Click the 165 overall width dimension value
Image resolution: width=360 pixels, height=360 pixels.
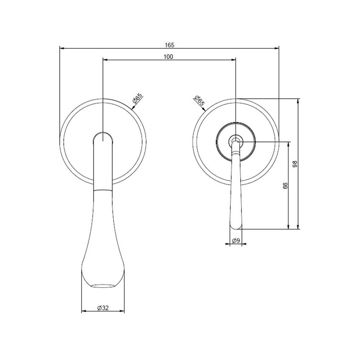(169, 44)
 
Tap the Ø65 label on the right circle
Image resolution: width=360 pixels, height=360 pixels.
(199, 100)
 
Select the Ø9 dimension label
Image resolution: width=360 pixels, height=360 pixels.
(236, 241)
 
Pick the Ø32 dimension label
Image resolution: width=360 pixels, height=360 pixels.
(103, 308)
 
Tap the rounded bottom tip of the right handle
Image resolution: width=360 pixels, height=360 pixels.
(236, 228)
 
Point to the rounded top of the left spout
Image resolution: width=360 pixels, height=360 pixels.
(103, 135)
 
